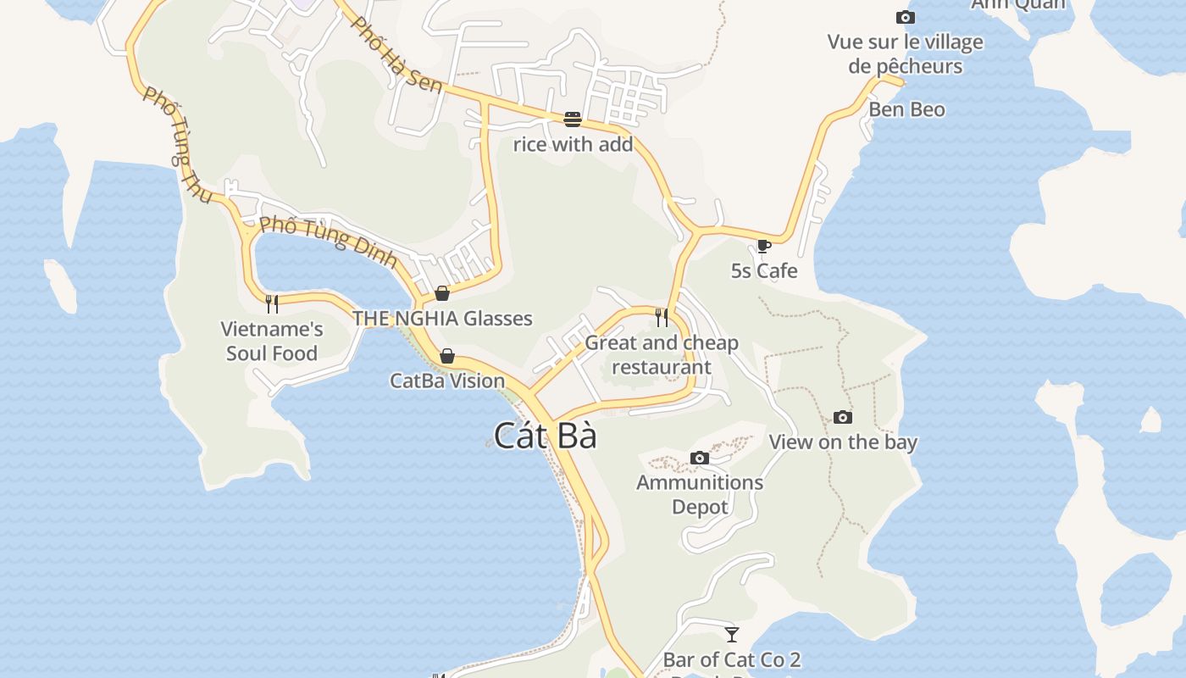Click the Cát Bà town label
tap(546, 436)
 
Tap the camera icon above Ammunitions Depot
tap(700, 458)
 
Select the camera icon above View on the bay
tap(842, 417)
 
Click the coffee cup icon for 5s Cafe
tap(763, 247)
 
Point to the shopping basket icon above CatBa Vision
tap(446, 356)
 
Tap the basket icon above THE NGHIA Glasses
tap(441, 293)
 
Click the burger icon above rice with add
tap(573, 119)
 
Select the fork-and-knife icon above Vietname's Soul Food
tap(272, 303)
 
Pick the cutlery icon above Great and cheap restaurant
tap(662, 318)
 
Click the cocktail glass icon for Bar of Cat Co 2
tap(732, 635)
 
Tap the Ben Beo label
tap(906, 109)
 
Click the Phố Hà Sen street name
tap(396, 54)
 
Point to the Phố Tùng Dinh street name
tap(329, 241)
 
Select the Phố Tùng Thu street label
tap(177, 145)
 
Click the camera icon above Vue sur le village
tap(905, 18)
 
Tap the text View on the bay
tap(842, 442)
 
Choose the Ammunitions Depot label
tap(700, 494)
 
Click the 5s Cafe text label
tap(764, 270)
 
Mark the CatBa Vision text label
tap(447, 381)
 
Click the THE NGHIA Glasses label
tap(442, 319)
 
